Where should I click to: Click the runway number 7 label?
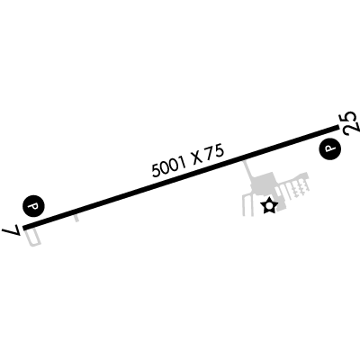tap(12, 230)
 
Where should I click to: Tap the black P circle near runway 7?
tap(33, 206)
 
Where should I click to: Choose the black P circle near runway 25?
tap(330, 149)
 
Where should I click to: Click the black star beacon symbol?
tap(269, 206)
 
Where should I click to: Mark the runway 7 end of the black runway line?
tap(24, 228)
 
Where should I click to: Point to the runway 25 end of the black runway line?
tap(337, 128)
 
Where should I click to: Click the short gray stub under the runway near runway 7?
tap(76, 218)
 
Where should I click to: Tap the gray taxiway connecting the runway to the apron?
tap(248, 170)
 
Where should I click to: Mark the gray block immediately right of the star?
tap(281, 206)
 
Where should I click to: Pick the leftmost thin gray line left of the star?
tap(244, 206)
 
